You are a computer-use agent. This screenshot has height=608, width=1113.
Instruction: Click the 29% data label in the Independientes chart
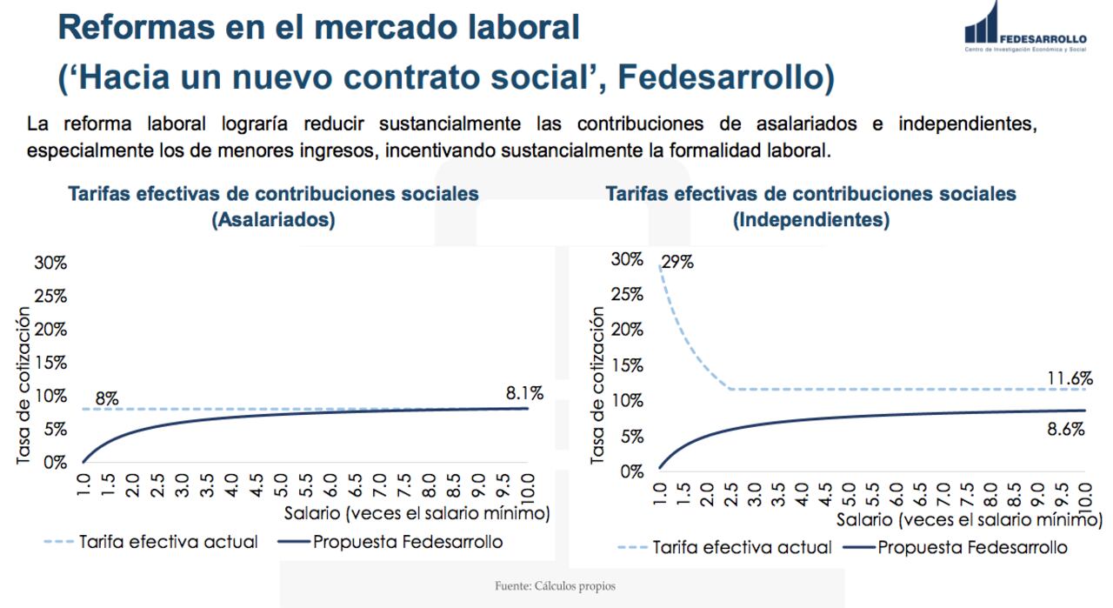coord(676,262)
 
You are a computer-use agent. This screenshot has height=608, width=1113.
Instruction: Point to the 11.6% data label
coord(1070,378)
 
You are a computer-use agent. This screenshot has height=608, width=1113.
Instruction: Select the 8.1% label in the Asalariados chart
coord(524,393)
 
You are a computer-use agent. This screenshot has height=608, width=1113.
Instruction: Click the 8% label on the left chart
coord(107,399)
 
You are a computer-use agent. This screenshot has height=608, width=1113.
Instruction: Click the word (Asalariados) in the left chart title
coord(273,220)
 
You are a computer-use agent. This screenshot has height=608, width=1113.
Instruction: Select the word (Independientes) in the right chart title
coord(810,220)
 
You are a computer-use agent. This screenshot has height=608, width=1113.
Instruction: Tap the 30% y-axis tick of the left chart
coord(50,264)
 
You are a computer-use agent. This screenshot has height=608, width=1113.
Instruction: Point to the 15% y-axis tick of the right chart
coord(626,365)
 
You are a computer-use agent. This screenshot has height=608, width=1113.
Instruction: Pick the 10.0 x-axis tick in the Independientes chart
coord(1084,497)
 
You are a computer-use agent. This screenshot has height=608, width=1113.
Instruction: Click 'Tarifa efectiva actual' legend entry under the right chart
coord(742,548)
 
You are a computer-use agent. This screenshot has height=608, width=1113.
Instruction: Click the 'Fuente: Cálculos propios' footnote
coord(555,586)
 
